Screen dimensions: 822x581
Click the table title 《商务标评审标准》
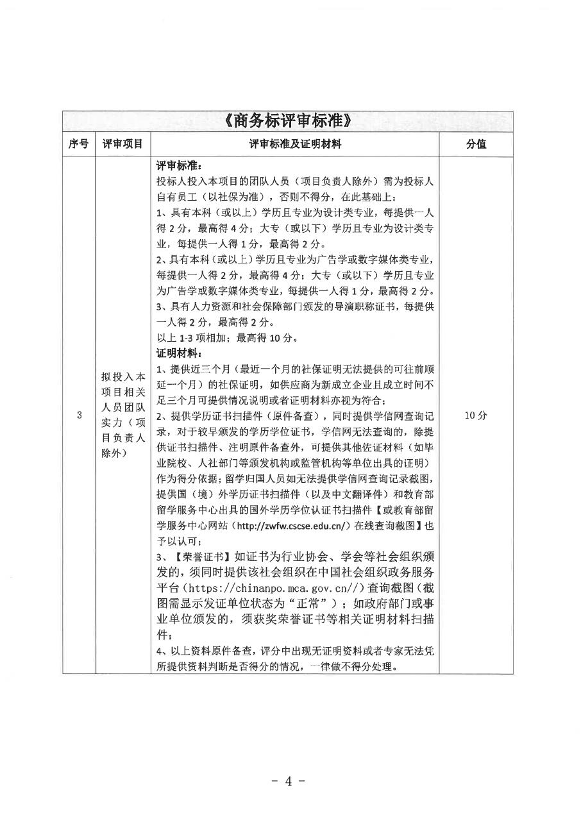point(288,121)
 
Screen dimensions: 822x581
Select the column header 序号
point(78,145)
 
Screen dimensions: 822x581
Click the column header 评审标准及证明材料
point(295,145)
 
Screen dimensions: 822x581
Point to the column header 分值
point(476,145)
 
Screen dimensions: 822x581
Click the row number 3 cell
point(79,415)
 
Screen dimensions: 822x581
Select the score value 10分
point(476,415)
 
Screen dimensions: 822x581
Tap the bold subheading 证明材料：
point(179,353)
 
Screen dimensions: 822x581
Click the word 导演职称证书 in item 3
point(339,306)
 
